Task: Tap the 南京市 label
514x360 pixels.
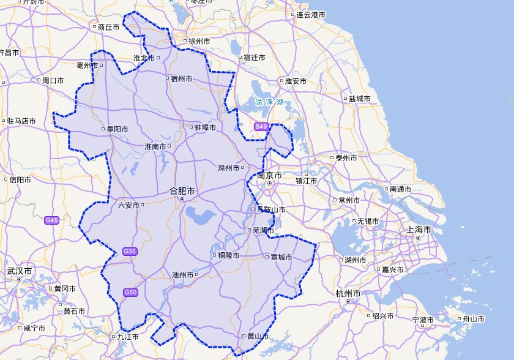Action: pos(270,176)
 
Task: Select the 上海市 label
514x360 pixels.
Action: pos(420,230)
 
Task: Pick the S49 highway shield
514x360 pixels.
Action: pos(261,127)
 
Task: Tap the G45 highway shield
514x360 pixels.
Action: pos(52,220)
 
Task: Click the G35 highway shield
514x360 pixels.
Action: pos(130,251)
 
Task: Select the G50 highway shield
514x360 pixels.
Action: pos(130,292)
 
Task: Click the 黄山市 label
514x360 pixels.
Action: pos(257,336)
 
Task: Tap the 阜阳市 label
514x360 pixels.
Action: pos(117,129)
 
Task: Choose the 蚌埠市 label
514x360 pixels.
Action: pos(205,127)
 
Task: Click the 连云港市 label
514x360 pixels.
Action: pos(311,15)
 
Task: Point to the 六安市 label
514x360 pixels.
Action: pos(128,206)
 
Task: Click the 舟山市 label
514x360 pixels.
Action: pos(473,319)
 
